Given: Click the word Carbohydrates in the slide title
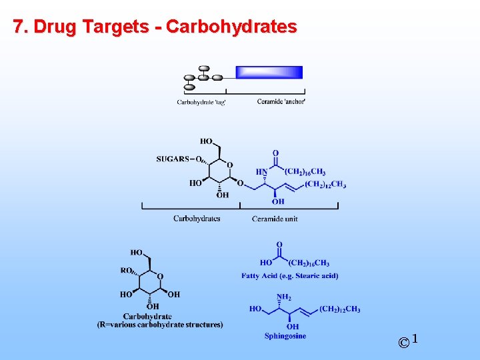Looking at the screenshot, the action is (231, 27).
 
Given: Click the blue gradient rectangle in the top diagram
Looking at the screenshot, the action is (269, 73).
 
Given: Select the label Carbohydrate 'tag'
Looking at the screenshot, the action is (201, 102).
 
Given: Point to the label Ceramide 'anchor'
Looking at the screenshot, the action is (281, 101).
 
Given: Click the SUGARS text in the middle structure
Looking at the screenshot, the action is (172, 159).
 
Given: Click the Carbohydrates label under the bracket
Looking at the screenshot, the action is (197, 219).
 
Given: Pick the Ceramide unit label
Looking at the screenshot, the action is (275, 219).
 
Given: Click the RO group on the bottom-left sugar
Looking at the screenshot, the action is (126, 271).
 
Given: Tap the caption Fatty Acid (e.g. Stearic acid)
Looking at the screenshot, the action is (289, 275).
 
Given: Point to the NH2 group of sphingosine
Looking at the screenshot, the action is (284, 297).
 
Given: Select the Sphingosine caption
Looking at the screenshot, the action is (285, 336).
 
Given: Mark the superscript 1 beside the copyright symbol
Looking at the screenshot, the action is (415, 339).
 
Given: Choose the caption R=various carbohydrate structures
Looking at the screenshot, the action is (160, 325).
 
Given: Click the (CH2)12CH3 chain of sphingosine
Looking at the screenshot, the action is (340, 309).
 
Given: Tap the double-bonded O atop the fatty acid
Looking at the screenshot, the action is (279, 245).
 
